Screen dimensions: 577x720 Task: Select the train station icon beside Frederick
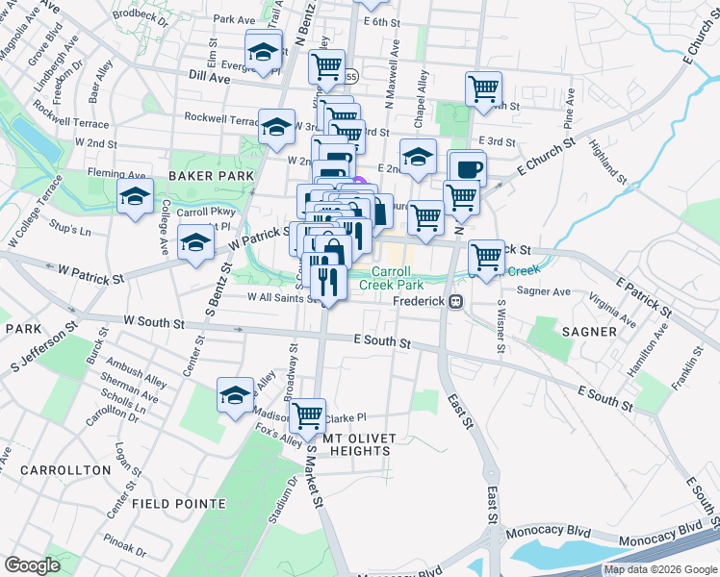pos(457,301)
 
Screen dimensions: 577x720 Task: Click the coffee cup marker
pos(468,169)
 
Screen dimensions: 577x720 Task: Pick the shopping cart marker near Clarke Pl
pos(308,416)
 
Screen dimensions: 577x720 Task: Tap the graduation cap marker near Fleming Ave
pos(135,197)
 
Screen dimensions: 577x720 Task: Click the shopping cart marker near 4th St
pos(483,89)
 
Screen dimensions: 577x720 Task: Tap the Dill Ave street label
pos(210,79)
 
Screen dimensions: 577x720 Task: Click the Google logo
pos(33,565)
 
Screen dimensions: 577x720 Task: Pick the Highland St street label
pos(607,162)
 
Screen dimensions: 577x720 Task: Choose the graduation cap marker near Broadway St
pos(235,395)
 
